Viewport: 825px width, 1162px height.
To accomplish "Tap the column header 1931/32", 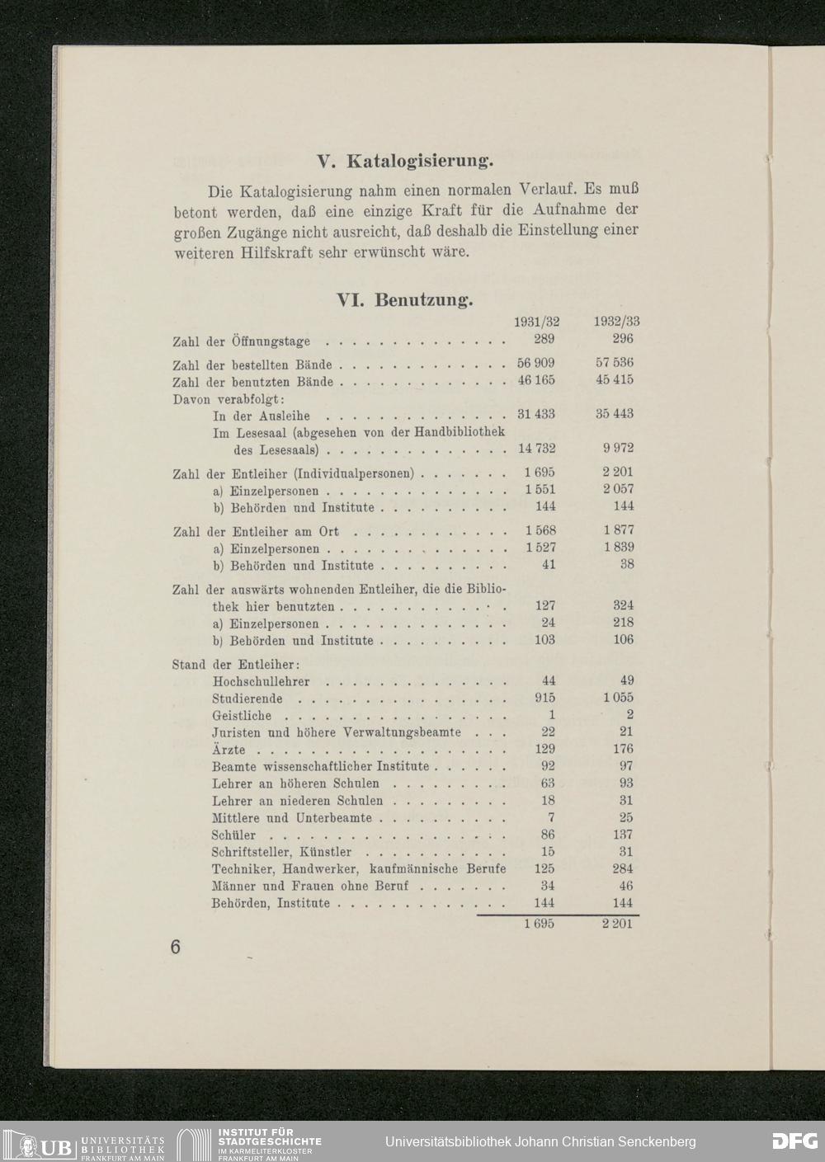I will (536, 322).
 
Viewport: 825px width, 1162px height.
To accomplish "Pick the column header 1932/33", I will (616, 322).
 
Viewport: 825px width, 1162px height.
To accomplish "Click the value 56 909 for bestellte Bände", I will (536, 364).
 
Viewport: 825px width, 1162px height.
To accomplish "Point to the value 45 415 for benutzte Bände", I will (615, 380).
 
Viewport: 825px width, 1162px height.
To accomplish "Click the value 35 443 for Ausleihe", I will (615, 414).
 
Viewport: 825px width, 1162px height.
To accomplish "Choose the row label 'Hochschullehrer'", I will (261, 681).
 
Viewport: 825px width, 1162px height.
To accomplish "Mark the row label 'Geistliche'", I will (242, 716).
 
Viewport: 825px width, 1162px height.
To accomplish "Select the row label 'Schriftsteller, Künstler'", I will (281, 852).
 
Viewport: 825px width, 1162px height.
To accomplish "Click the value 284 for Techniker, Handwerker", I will (623, 868).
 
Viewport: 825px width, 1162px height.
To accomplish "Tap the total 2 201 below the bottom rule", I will (617, 924).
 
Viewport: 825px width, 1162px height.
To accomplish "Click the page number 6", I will (175, 947).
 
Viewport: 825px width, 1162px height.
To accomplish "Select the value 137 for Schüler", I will (623, 835).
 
